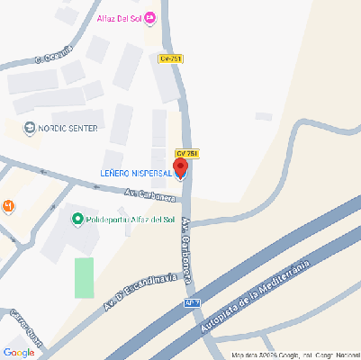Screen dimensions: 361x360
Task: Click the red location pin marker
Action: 180,167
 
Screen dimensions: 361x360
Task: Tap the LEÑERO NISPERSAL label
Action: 135,174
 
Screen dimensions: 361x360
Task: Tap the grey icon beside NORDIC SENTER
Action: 31,128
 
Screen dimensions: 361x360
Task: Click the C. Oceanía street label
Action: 52,55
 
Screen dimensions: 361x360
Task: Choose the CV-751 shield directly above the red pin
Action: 186,153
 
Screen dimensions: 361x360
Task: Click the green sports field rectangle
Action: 84,277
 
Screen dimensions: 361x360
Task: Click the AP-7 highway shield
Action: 190,303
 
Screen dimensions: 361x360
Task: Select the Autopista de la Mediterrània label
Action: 255,297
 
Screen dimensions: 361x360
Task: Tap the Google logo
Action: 19,352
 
